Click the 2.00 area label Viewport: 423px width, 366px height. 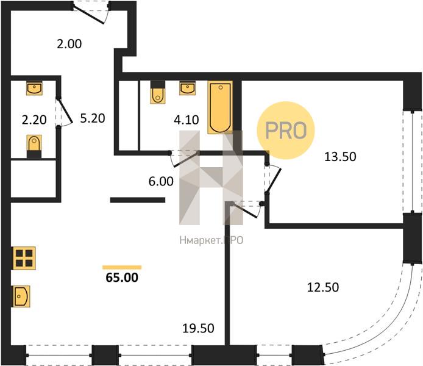(69, 44)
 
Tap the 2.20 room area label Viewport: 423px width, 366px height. (34, 120)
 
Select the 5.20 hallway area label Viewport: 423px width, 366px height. (93, 118)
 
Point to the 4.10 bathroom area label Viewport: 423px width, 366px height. (187, 120)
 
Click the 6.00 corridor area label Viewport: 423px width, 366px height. (161, 181)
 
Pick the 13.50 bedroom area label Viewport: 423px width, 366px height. (340, 157)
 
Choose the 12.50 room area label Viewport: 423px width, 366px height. (323, 287)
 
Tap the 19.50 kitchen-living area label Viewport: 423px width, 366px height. (198, 328)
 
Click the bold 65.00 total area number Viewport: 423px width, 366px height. (122, 278)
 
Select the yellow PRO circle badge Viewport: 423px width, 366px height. (286, 131)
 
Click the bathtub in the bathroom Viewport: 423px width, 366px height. (220, 107)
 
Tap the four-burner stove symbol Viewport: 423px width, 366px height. (24, 258)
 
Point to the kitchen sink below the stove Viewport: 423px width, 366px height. (21, 296)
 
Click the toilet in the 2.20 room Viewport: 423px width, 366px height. (34, 146)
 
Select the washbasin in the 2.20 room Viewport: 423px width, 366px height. (34, 88)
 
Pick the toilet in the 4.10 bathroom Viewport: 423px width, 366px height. (158, 92)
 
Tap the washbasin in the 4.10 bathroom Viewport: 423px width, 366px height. (188, 88)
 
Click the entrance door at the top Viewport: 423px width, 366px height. (91, 13)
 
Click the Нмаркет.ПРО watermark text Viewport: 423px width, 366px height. (211, 240)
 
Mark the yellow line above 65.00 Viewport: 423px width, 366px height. (122, 267)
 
